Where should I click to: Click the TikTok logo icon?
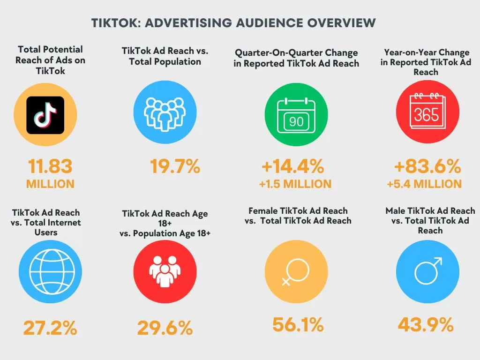[45, 115]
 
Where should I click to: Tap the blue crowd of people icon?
[165, 115]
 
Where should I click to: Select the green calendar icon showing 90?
[296, 115]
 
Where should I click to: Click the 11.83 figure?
[50, 166]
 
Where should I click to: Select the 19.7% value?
[175, 166]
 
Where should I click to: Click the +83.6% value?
[427, 166]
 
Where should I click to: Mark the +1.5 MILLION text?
[295, 184]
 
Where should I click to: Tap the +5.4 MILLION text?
[424, 184]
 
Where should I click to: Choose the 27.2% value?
[50, 328]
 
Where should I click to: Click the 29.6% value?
[165, 328]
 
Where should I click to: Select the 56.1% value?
[298, 324]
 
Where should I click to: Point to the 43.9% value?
[426, 324]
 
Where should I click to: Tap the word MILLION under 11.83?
[50, 184]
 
